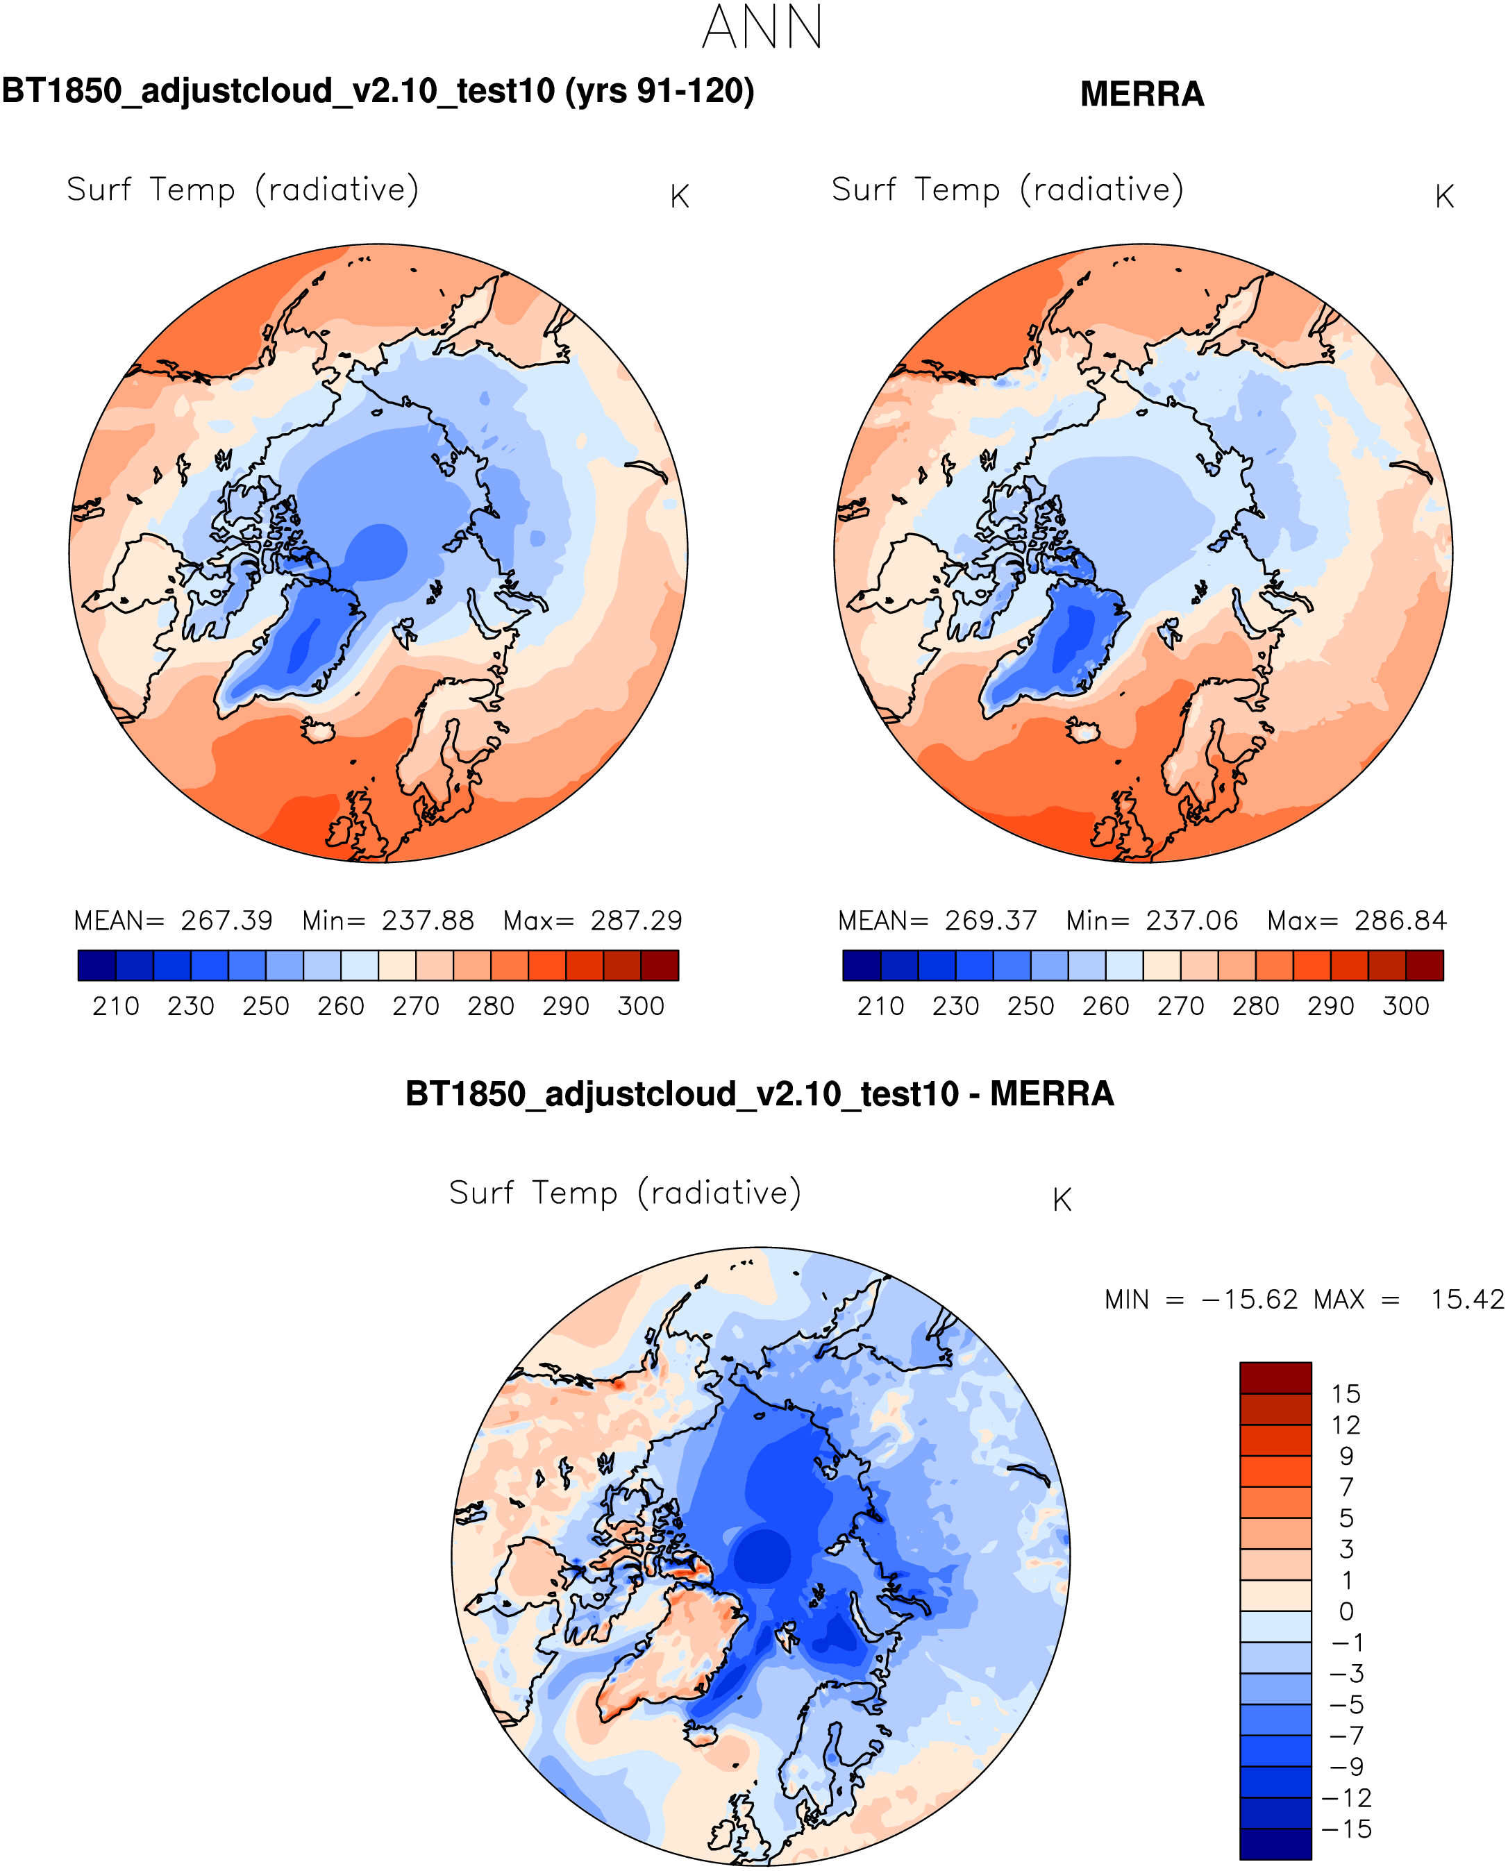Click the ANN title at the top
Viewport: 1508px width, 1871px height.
tap(762, 28)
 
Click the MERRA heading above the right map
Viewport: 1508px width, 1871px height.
tap(1141, 94)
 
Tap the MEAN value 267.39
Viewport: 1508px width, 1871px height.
tap(227, 921)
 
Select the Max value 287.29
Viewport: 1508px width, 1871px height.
tap(636, 921)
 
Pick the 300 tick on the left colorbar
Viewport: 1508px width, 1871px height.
tap(640, 1007)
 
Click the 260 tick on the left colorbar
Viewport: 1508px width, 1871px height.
tap(340, 1007)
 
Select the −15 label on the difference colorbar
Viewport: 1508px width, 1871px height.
tap(1346, 1829)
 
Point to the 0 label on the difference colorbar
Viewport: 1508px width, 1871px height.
tap(1346, 1611)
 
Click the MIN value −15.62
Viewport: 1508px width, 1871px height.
tap(1249, 1300)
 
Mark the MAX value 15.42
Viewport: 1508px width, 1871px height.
tap(1467, 1300)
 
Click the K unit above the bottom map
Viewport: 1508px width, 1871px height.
tap(1062, 1200)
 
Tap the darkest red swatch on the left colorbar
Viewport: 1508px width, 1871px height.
tap(660, 965)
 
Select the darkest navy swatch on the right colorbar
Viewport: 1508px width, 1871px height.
tap(861, 965)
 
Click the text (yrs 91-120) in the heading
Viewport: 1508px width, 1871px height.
tap(660, 90)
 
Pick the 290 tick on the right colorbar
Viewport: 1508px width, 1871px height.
tap(1330, 1007)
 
